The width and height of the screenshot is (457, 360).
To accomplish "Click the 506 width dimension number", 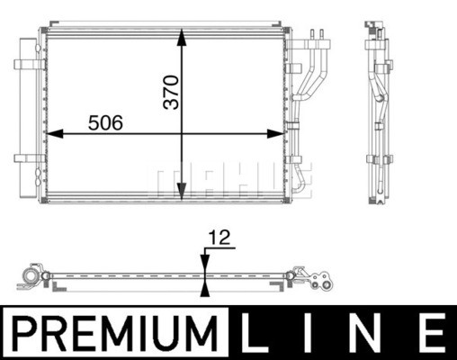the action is tap(105, 122).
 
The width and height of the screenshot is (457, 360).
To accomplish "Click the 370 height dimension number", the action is tap(171, 92).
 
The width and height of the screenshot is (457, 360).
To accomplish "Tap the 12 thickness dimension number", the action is tap(220, 238).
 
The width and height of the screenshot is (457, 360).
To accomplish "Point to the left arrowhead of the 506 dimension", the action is tap(55, 134).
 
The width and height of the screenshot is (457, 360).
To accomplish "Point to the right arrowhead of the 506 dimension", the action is tap(275, 134).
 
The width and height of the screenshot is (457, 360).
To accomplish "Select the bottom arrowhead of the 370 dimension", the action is tap(182, 192).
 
